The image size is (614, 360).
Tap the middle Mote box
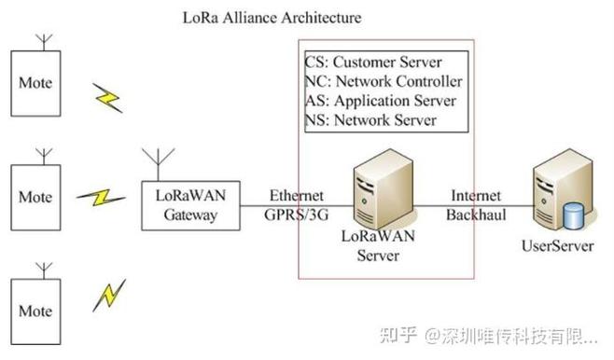(35, 197)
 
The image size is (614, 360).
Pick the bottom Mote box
(35, 310)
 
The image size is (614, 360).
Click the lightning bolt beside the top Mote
(107, 95)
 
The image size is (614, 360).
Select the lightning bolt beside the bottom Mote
(108, 296)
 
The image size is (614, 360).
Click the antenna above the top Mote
(43, 42)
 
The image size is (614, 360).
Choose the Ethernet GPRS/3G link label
(296, 205)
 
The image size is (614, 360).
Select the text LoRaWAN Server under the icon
(378, 245)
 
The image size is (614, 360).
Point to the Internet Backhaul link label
(476, 205)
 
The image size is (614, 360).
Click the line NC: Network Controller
(383, 82)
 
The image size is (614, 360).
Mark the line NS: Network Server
(370, 121)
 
